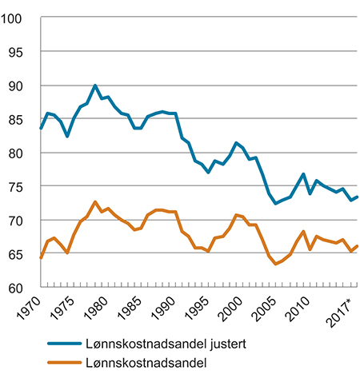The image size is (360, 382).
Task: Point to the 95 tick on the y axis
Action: (x=22, y=52)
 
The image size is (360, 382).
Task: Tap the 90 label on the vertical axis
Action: (x=22, y=86)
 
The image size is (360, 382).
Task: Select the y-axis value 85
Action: (x=22, y=119)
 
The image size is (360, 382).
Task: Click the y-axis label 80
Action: (x=22, y=153)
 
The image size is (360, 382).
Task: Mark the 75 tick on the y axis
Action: (x=22, y=186)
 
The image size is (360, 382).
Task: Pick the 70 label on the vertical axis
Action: (x=22, y=220)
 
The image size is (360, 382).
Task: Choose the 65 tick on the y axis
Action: (x=22, y=253)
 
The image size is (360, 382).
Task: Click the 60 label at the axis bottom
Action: (x=22, y=287)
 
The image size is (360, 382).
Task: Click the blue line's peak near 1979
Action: (x=95, y=86)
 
